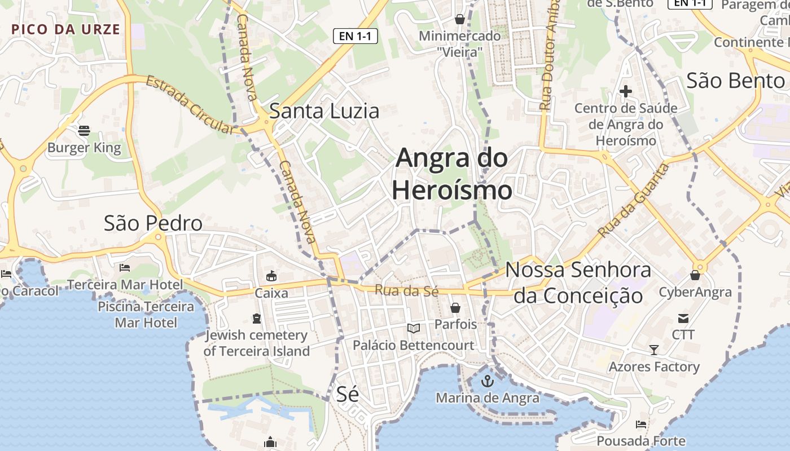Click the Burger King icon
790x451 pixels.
tap(84, 131)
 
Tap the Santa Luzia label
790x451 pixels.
tap(324, 111)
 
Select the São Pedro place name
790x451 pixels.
tap(153, 223)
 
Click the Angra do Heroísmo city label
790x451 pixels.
tap(452, 174)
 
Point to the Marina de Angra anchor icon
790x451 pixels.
tap(487, 382)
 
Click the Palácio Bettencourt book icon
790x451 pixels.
tap(414, 328)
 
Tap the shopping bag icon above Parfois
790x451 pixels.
tap(455, 308)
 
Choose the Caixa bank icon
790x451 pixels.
tap(271, 276)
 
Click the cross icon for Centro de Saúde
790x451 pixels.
tap(625, 91)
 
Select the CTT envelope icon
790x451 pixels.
tap(683, 319)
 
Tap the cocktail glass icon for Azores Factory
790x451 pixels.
tap(653, 350)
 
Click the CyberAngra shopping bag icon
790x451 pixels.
tap(695, 275)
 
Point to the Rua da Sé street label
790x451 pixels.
tap(407, 291)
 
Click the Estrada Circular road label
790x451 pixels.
tap(190, 105)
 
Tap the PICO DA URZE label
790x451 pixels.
tap(66, 29)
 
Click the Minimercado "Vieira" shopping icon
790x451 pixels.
tap(460, 19)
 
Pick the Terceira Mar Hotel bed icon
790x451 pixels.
tap(125, 268)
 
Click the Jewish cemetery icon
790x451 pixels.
tap(257, 319)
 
